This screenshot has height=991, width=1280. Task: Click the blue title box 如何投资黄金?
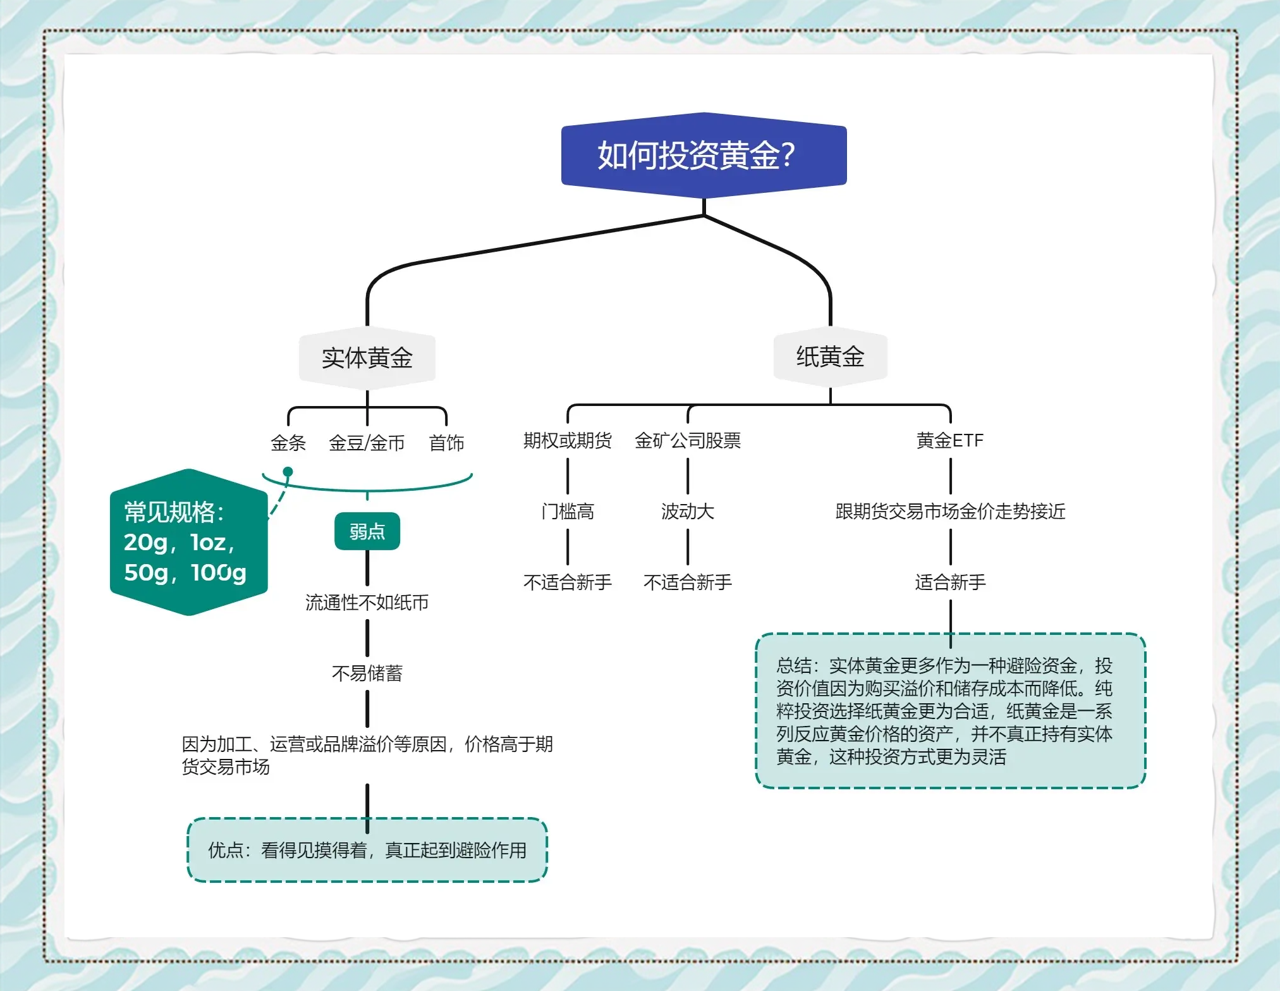(x=704, y=155)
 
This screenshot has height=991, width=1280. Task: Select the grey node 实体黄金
(x=367, y=357)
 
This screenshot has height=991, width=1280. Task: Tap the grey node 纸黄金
(x=830, y=357)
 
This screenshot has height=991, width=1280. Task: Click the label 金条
(x=288, y=443)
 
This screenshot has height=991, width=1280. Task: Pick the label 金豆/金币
(x=367, y=443)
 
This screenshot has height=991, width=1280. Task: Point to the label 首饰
(x=446, y=443)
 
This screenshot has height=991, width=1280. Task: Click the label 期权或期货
(x=567, y=440)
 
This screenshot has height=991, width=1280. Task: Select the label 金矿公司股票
(x=687, y=440)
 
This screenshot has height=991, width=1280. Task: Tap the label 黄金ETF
(x=949, y=440)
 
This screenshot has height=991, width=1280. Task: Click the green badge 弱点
(x=367, y=531)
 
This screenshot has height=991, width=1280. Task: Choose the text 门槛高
(x=567, y=511)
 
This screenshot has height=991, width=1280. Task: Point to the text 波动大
(x=687, y=511)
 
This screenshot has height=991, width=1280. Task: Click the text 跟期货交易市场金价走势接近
(x=949, y=511)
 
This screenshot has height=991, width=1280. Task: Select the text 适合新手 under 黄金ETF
(x=949, y=582)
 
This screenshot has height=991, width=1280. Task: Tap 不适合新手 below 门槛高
(x=567, y=582)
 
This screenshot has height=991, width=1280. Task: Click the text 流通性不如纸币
(x=367, y=602)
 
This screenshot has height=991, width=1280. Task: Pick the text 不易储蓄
(x=367, y=673)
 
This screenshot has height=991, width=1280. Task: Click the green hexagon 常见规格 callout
(x=188, y=542)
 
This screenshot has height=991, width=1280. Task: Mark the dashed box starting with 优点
(x=367, y=850)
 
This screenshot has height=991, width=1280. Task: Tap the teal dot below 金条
(x=288, y=472)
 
